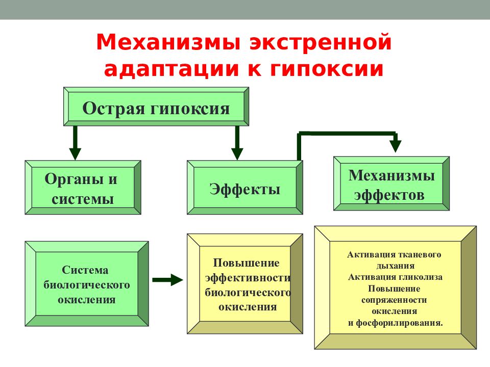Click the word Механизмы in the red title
pyautogui.click(x=168, y=42)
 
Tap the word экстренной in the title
pyautogui.click(x=321, y=42)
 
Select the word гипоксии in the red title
pyautogui.click(x=327, y=69)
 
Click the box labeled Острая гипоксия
pyautogui.click(x=156, y=107)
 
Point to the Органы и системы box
pyautogui.click(x=83, y=187)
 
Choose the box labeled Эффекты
pyautogui.click(x=244, y=187)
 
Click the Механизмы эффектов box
pyautogui.click(x=391, y=183)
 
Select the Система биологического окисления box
pyautogui.click(x=87, y=284)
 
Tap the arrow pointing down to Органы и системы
pyautogui.click(x=75, y=143)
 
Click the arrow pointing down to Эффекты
pyautogui.click(x=237, y=143)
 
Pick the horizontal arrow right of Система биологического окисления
pyautogui.click(x=167, y=280)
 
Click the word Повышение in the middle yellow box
pyautogui.click(x=246, y=263)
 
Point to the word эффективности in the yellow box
pyautogui.click(x=248, y=278)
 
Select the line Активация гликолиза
pyautogui.click(x=395, y=277)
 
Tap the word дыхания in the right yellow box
pyautogui.click(x=395, y=266)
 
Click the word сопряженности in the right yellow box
pyautogui.click(x=394, y=300)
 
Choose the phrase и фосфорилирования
pyautogui.click(x=395, y=323)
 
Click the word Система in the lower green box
pyautogui.click(x=85, y=270)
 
